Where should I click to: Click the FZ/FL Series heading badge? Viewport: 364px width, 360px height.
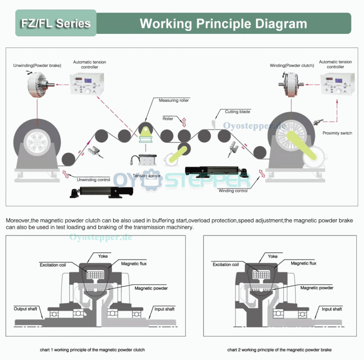click(56, 24)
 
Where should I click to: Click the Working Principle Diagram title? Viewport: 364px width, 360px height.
click(223, 24)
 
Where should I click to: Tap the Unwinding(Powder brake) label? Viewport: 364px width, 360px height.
click(37, 65)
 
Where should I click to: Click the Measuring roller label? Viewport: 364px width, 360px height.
click(174, 100)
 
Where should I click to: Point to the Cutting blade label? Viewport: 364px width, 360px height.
click(237, 111)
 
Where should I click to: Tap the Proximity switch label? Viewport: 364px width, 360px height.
click(337, 133)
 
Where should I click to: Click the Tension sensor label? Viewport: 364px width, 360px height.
click(147, 176)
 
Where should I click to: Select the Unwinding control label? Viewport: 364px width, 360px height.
click(93, 180)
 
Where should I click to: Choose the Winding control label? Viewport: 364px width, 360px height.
click(233, 190)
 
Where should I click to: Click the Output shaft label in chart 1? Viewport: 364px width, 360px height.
click(25, 309)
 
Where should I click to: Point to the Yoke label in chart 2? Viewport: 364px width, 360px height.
click(273, 256)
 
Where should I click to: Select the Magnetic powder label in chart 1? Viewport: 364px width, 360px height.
click(151, 288)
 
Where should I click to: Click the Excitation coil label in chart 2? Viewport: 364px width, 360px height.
click(225, 264)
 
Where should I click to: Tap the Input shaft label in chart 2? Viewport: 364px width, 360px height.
click(332, 309)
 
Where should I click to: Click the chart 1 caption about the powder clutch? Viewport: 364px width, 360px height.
click(92, 350)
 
